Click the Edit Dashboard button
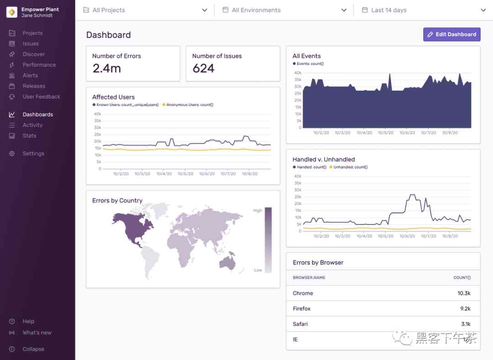point(451,34)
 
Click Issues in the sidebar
point(31,44)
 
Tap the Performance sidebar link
point(39,65)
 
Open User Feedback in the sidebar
point(41,97)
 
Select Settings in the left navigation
point(33,154)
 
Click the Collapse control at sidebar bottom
point(33,349)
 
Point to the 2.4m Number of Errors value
point(106,69)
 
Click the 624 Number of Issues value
point(203,69)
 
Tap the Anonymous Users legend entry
point(189,105)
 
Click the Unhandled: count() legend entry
point(350,167)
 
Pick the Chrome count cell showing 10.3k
point(464,293)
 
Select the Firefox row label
point(302,309)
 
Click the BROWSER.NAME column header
point(309,278)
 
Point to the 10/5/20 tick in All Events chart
point(386,133)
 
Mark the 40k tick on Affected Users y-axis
point(97,114)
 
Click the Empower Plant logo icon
point(12,12)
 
